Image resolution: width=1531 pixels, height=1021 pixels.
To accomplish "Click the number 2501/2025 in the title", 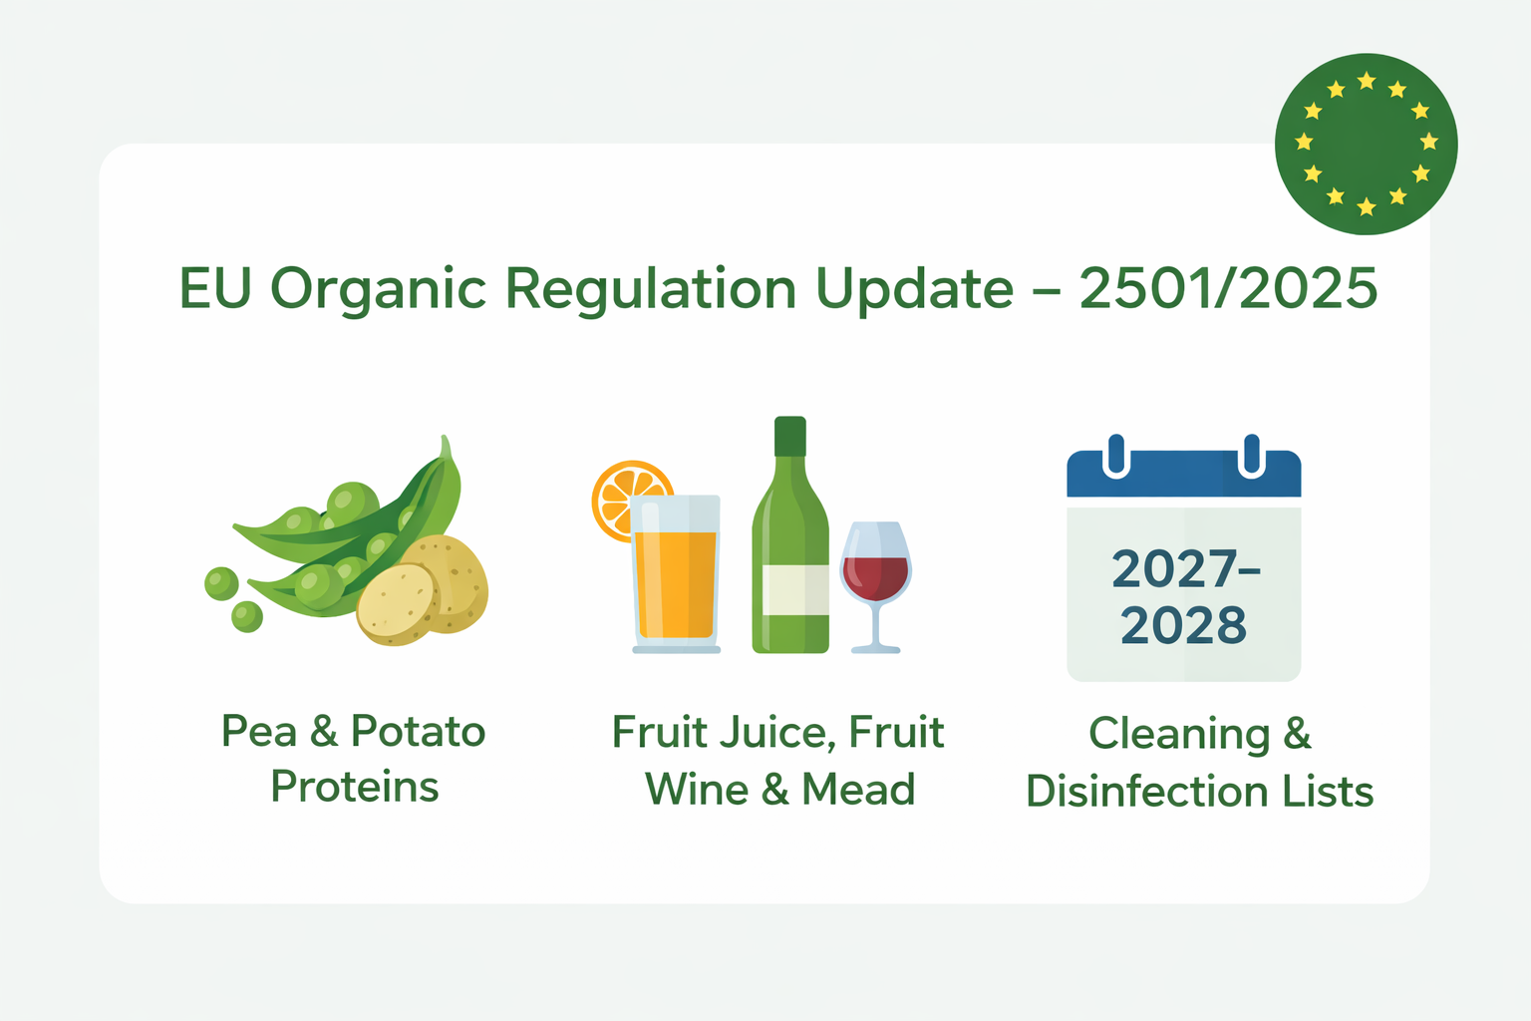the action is pyautogui.click(x=1228, y=288).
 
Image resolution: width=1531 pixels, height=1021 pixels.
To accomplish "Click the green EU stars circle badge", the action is pyautogui.click(x=1366, y=144).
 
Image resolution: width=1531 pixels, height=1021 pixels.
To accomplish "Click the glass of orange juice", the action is pyautogui.click(x=675, y=573).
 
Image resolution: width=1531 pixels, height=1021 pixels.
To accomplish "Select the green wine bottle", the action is pyautogui.click(x=790, y=534).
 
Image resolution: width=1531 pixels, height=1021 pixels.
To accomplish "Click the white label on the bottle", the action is pyautogui.click(x=795, y=589).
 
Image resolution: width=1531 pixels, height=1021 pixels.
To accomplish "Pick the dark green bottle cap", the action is pyautogui.click(x=790, y=436).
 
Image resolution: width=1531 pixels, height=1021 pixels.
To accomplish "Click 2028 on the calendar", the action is pyautogui.click(x=1183, y=625).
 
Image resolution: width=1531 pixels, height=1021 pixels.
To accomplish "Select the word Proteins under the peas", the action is pyautogui.click(x=355, y=787).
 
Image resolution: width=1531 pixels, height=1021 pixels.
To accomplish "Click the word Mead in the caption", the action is pyautogui.click(x=858, y=789).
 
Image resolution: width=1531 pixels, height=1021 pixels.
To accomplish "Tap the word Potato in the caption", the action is pyautogui.click(x=419, y=731).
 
